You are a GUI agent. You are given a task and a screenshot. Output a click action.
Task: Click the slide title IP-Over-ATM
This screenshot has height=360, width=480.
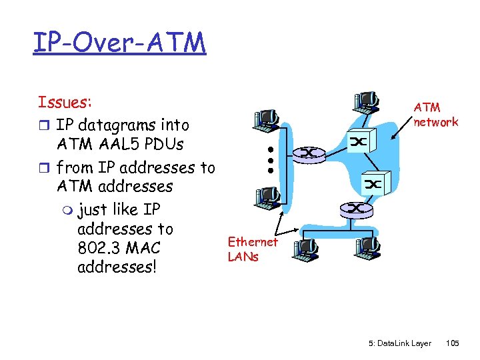point(119,43)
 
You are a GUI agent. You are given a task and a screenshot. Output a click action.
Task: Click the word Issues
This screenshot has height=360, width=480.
point(64,103)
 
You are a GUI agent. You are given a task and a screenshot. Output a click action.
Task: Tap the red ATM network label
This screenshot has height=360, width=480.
point(435,114)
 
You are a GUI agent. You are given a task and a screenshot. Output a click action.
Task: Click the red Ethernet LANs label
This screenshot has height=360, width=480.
point(252,249)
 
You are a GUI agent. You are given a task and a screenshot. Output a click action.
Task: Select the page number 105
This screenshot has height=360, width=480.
point(453,343)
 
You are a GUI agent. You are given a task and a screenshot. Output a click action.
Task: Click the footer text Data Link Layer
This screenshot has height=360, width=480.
point(399,343)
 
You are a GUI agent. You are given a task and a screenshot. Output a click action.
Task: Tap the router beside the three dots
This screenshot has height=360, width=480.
point(309,153)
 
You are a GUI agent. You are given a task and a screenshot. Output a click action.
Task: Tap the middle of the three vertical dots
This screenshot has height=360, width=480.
point(272,160)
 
